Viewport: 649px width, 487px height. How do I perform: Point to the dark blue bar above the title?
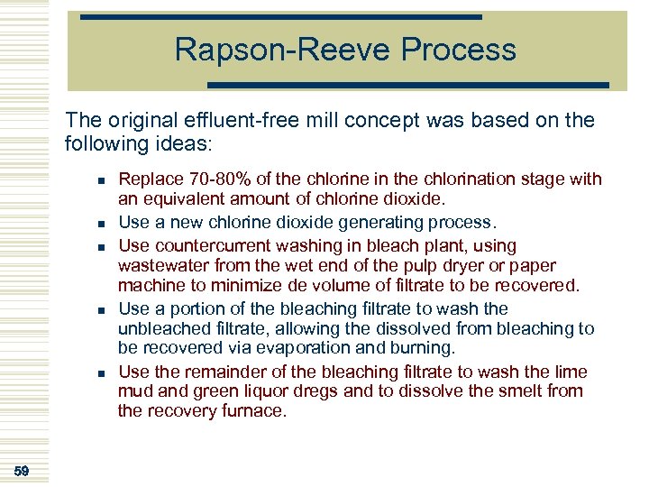pyautogui.click(x=280, y=16)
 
